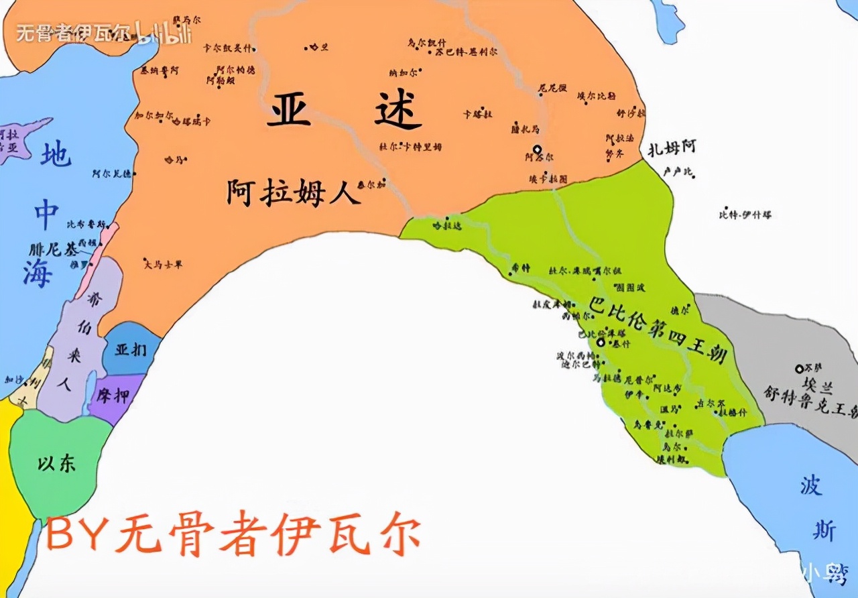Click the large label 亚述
(x=345, y=110)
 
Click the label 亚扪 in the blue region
(x=131, y=350)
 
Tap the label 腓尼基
(x=54, y=249)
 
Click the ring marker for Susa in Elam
(x=799, y=369)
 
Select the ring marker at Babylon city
(x=601, y=342)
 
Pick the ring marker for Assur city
(x=536, y=149)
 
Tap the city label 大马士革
(x=163, y=264)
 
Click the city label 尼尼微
(x=553, y=88)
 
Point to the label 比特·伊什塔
(x=745, y=215)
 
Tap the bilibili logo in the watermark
(x=164, y=34)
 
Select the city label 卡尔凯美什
(x=227, y=48)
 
